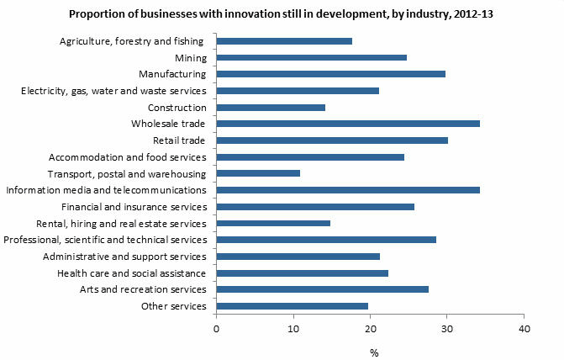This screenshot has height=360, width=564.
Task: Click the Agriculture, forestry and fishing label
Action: pyautogui.click(x=133, y=41)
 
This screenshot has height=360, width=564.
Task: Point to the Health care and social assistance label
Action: pyautogui.click(x=132, y=273)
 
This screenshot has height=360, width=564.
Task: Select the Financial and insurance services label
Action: pyautogui.click(x=134, y=207)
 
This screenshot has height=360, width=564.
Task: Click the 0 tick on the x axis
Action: pyautogui.click(x=217, y=328)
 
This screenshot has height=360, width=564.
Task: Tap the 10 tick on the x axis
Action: pyautogui.click(x=293, y=328)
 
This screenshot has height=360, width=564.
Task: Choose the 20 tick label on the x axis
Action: pyautogui.click(x=371, y=328)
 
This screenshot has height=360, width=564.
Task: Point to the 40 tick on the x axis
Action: pyautogui.click(x=524, y=328)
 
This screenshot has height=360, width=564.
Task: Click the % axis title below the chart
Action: pyautogui.click(x=374, y=352)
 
